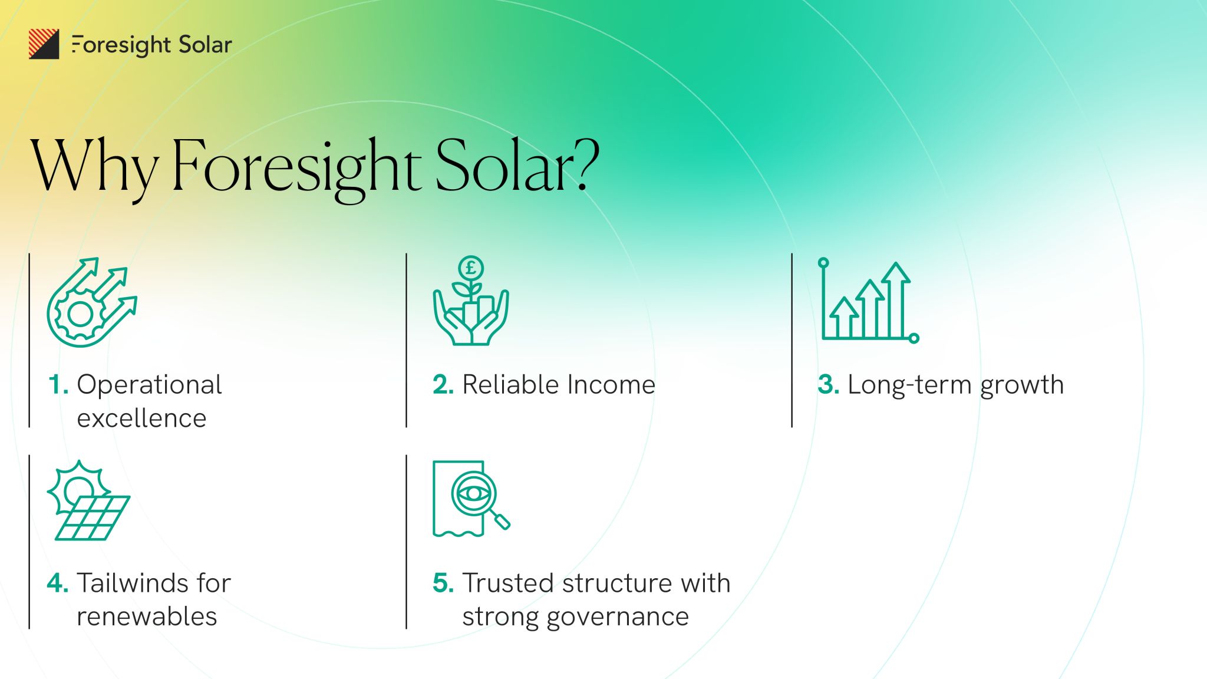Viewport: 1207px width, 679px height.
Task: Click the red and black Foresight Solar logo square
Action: tap(44, 44)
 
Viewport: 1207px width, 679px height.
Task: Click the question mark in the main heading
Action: tap(586, 166)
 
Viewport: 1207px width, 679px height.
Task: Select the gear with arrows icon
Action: tap(92, 302)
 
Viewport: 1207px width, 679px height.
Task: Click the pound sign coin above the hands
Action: tap(471, 268)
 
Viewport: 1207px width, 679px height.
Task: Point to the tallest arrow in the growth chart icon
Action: tap(896, 299)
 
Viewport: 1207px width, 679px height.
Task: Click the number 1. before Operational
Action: tap(58, 385)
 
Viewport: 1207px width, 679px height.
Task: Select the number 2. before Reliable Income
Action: tap(443, 385)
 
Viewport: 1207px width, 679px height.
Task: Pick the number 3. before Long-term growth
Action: tap(829, 385)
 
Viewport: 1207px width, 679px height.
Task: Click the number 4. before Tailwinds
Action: tap(58, 584)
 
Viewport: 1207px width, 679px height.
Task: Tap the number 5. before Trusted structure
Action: tap(443, 584)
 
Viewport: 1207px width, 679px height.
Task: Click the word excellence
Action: tap(141, 418)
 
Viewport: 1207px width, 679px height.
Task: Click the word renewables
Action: tap(147, 617)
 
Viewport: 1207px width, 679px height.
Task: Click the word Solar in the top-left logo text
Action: tap(205, 45)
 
